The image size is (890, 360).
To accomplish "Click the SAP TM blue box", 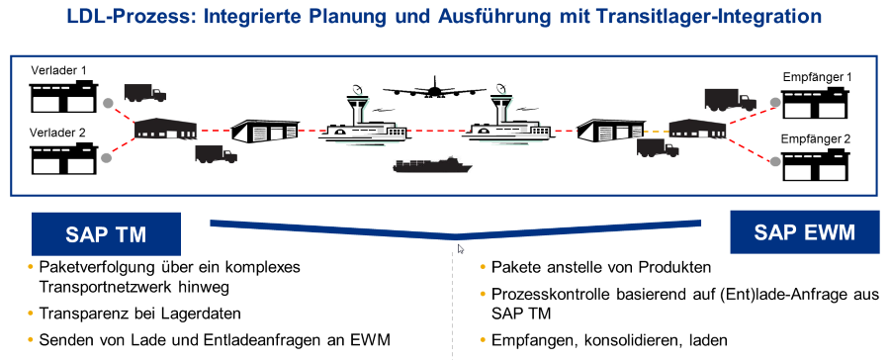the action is click(x=106, y=234).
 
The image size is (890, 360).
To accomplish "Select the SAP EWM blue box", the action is click(x=804, y=231).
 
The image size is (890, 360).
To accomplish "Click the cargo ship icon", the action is click(x=432, y=164).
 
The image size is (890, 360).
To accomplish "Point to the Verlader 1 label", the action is click(x=59, y=71).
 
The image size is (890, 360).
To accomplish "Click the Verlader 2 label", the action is click(x=57, y=133).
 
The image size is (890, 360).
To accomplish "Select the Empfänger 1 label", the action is click(x=817, y=77).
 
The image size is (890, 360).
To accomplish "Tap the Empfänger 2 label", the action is click(x=816, y=138).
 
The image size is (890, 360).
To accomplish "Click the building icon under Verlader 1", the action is click(x=63, y=97).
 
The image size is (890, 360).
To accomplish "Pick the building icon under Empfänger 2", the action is click(x=816, y=164).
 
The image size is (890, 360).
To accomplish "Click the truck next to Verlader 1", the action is click(x=145, y=93).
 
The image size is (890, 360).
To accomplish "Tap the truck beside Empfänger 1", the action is click(x=730, y=100).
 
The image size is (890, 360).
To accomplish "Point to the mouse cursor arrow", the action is click(x=460, y=248).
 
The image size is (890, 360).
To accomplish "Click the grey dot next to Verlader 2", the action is click(x=106, y=158).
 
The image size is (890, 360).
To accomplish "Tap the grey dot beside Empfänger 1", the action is click(x=775, y=102).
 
